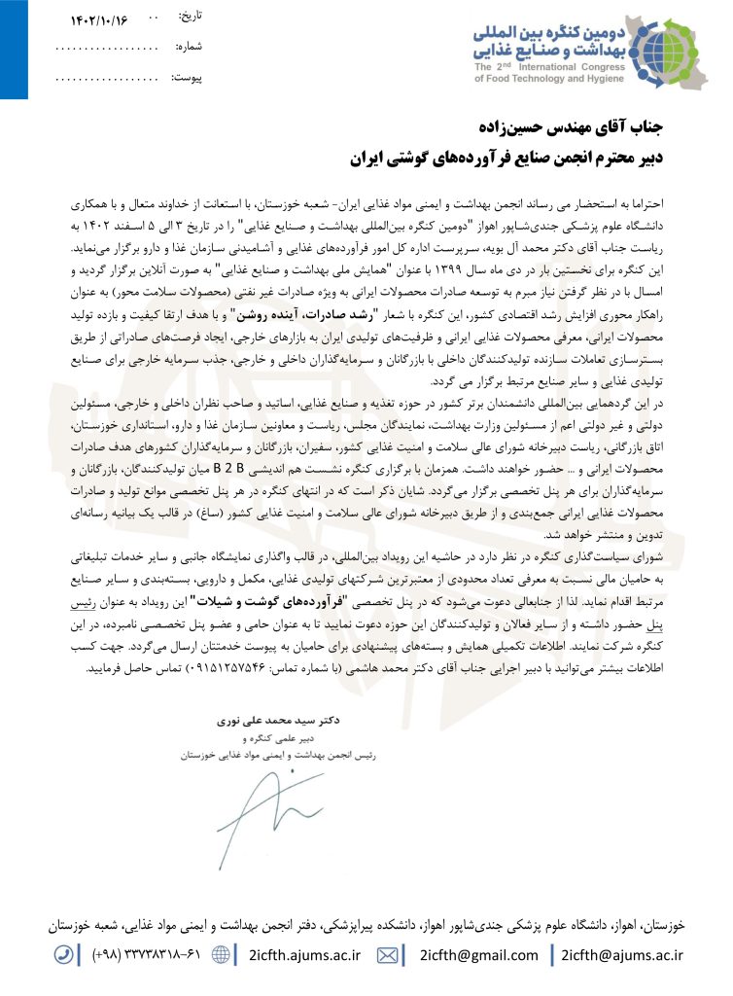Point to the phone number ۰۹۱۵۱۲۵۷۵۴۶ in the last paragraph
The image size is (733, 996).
tap(316, 669)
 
